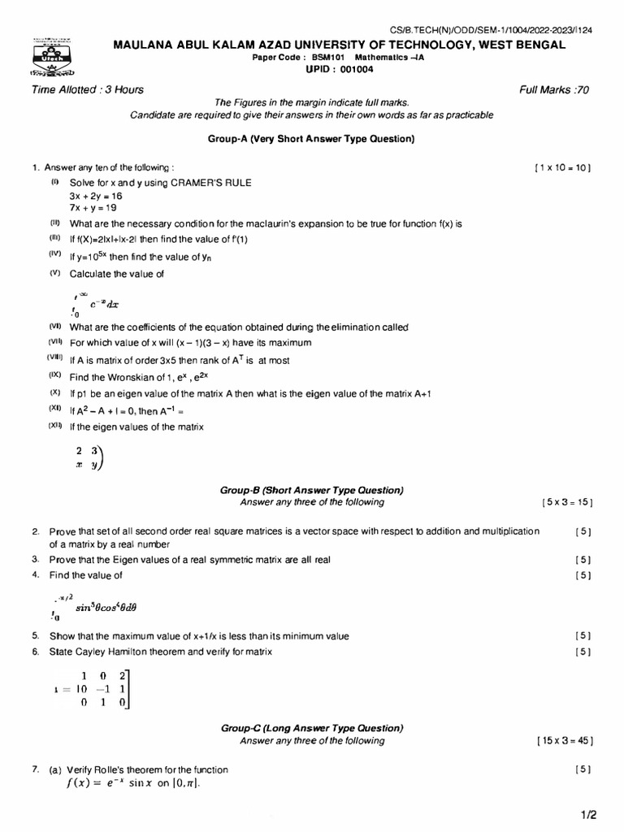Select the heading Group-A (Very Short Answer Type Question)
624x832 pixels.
(311, 139)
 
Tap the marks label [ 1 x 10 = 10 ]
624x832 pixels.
(563, 167)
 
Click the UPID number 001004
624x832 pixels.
(334, 70)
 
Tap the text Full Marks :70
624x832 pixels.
(554, 89)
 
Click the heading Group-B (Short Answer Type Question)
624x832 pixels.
(312, 491)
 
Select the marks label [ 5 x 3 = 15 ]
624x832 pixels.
(565, 503)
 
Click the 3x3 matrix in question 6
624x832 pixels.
(96, 689)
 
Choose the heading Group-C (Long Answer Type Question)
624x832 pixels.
(312, 729)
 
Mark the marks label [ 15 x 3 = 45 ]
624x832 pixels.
(564, 741)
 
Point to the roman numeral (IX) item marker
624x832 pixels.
(55, 375)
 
